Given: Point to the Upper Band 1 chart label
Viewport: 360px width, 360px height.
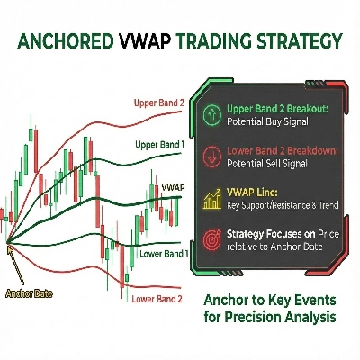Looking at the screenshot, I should (x=160, y=144).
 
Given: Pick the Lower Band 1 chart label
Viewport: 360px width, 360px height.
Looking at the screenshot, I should (x=163, y=254).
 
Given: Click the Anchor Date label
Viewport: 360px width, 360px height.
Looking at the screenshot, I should (x=27, y=292).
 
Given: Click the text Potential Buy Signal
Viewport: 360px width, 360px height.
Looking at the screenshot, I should (x=266, y=120).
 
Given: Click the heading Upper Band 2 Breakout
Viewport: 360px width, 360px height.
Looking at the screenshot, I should (x=276, y=107).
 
